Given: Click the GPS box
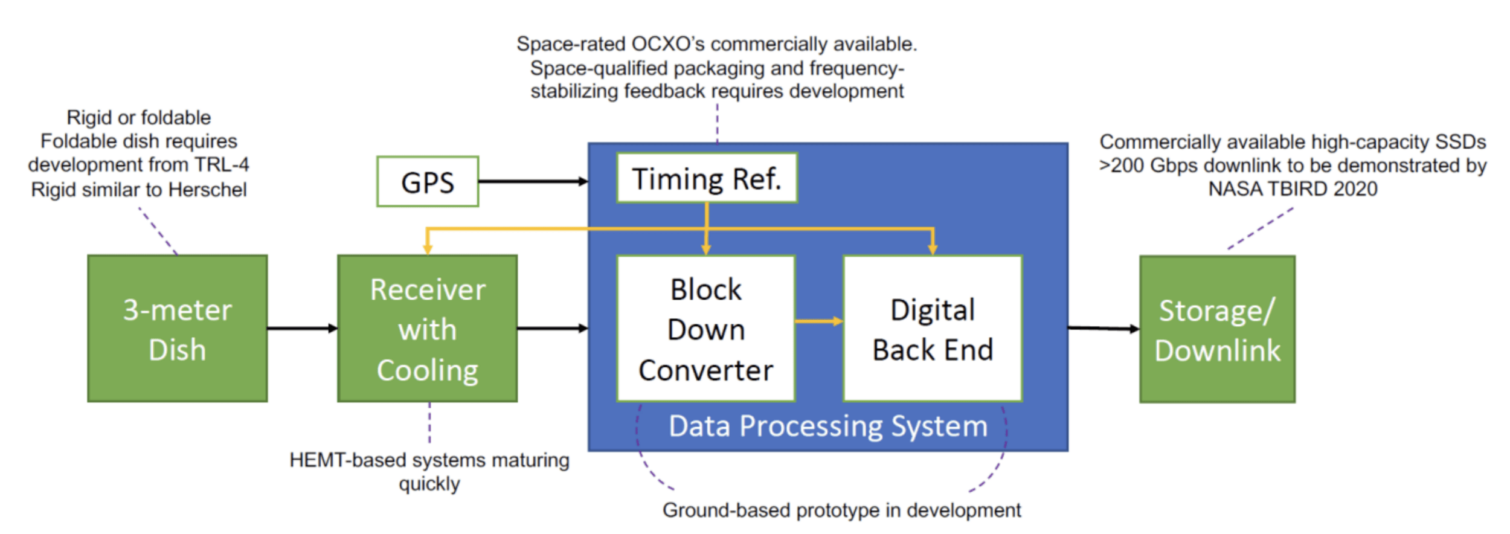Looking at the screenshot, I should tap(427, 182).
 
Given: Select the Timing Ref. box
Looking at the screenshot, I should tap(706, 178).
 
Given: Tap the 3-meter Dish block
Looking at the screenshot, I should tap(177, 329).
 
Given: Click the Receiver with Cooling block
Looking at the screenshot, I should tap(427, 329).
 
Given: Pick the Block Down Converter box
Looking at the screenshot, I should tap(705, 329).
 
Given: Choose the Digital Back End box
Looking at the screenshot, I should tap(932, 329).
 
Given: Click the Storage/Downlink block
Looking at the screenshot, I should tap(1216, 329).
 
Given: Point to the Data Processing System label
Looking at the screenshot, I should tap(827, 426).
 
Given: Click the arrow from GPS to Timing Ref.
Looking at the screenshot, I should tap(532, 181).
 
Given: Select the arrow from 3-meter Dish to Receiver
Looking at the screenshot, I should tap(302, 328).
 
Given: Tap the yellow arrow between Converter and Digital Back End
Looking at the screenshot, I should tap(818, 321).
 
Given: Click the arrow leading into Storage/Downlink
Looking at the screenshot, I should tap(1103, 329).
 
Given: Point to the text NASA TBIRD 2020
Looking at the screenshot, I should tap(1293, 189).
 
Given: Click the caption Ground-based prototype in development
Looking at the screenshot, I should tap(841, 510).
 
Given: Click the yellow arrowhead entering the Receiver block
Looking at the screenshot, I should tap(428, 249).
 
